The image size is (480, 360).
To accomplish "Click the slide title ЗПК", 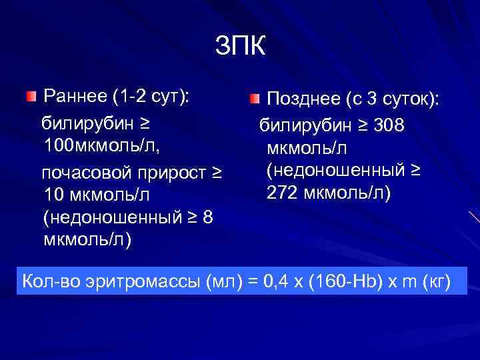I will [x=240, y=46].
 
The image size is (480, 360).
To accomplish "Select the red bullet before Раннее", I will [x=31, y=98].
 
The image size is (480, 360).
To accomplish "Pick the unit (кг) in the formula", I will [x=438, y=281].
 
